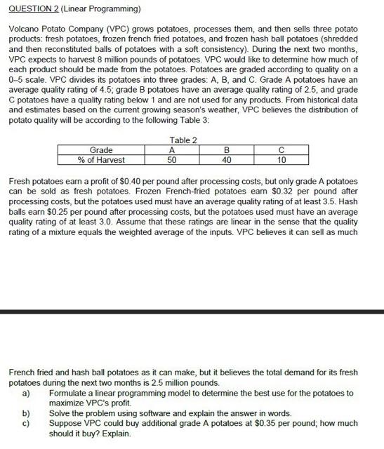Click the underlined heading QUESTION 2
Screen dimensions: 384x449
click(x=34, y=8)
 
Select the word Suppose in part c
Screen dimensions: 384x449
click(x=66, y=423)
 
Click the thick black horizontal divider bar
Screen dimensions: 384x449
click(x=192, y=311)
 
